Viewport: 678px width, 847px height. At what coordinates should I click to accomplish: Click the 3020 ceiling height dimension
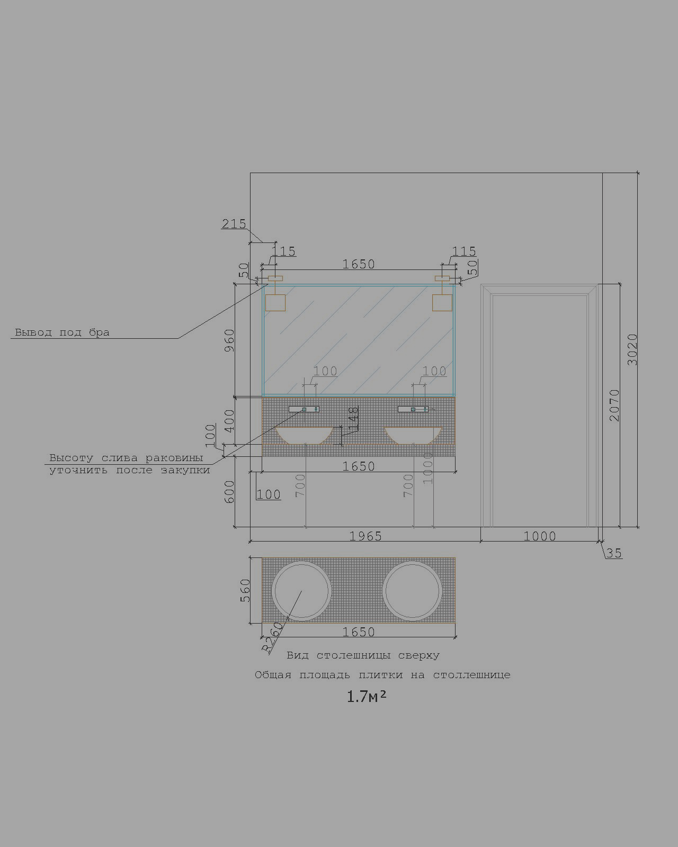coord(632,349)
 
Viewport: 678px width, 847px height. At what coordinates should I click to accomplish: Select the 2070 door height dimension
coord(614,406)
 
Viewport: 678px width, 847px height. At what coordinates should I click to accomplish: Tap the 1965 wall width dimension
coord(365,536)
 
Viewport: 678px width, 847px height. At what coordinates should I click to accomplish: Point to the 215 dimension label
coord(234,224)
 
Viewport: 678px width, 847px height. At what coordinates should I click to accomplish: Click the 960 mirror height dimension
coord(229,341)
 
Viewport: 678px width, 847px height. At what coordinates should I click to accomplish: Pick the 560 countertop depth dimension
coord(245,590)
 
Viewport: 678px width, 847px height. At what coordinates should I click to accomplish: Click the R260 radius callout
coord(273,637)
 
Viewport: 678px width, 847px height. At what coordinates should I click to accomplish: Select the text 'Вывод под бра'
coord(62,332)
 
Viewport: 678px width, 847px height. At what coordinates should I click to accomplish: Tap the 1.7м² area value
coord(367,697)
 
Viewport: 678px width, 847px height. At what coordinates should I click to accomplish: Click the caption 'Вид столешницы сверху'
coord(363,655)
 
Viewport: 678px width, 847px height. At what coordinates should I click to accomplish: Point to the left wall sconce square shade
coord(275,303)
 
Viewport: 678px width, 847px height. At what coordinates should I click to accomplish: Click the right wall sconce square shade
coord(442,303)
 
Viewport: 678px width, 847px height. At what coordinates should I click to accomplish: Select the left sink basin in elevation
coord(305,435)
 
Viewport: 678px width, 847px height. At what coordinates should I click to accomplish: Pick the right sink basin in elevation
coord(413,435)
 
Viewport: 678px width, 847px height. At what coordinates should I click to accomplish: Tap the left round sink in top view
coord(301,591)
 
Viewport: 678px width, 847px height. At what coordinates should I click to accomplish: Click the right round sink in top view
coord(412,591)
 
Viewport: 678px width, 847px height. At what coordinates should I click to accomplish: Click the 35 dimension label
coord(614,553)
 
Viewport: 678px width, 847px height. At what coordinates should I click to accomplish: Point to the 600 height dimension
coord(229,492)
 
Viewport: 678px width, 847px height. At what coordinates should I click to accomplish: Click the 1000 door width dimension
coord(540,536)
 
